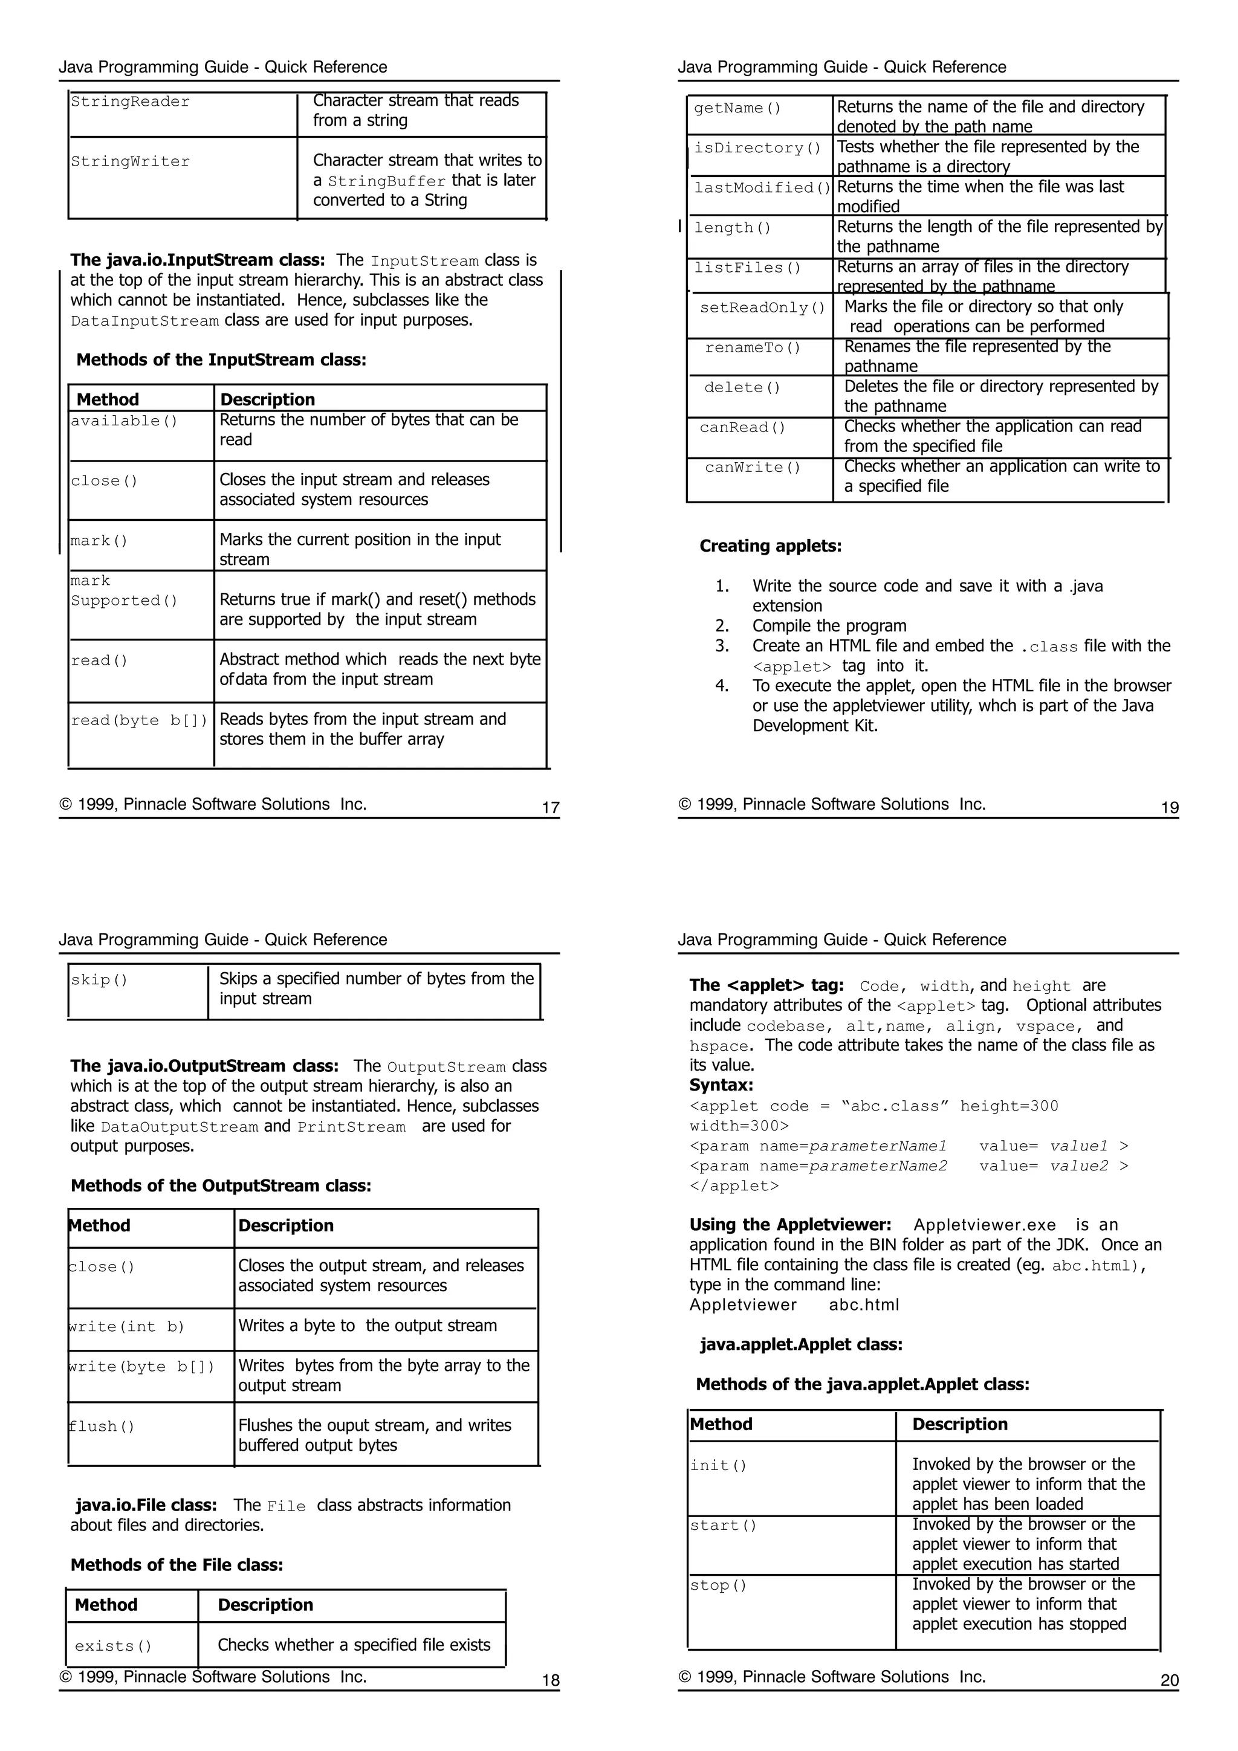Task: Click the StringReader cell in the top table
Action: [x=131, y=102]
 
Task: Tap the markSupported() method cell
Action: [x=123, y=591]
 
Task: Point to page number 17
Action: [x=550, y=808]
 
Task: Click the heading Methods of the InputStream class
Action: [x=221, y=360]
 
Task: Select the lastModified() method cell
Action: [x=761, y=187]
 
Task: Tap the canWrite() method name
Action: [x=753, y=468]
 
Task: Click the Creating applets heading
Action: [x=770, y=546]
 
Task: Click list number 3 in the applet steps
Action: [x=722, y=646]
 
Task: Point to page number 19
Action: [x=1169, y=808]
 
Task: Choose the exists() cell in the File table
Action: [x=114, y=1646]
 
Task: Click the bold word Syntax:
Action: [x=721, y=1085]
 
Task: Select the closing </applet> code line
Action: [x=734, y=1186]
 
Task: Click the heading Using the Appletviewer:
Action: [x=790, y=1225]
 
